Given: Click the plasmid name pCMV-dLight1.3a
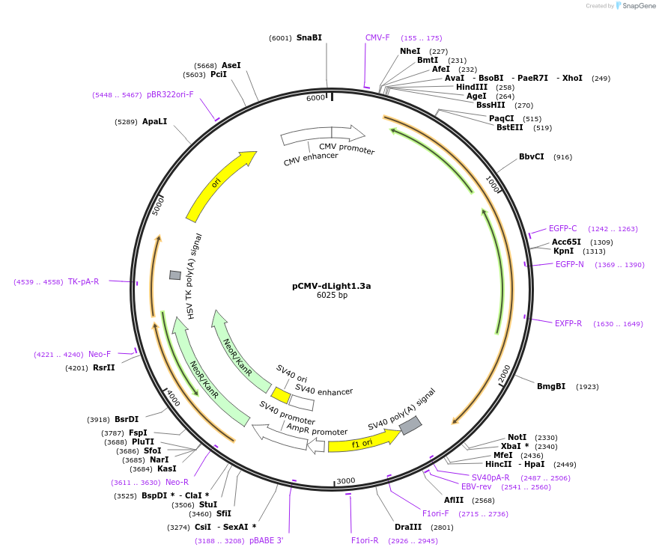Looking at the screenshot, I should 331,286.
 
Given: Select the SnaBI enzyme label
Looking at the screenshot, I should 309,37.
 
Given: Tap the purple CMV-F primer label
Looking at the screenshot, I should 377,37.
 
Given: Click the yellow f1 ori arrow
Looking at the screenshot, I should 363,442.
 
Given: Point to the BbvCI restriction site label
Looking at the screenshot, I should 531,157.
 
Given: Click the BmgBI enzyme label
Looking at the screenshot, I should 550,387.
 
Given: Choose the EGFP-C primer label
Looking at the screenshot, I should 562,229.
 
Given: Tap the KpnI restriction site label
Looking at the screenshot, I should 563,251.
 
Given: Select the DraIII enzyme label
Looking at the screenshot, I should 409,528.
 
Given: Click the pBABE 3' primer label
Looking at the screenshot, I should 266,540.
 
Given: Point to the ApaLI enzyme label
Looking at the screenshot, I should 154,121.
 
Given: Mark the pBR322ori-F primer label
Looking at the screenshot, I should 170,95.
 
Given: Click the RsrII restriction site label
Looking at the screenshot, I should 103,367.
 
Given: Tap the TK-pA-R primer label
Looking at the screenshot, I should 83,281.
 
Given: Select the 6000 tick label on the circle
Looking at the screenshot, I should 316,98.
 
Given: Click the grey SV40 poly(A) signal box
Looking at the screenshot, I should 410,426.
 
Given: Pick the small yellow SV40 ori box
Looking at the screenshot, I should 281,394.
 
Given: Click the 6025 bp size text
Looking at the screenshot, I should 332,296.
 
